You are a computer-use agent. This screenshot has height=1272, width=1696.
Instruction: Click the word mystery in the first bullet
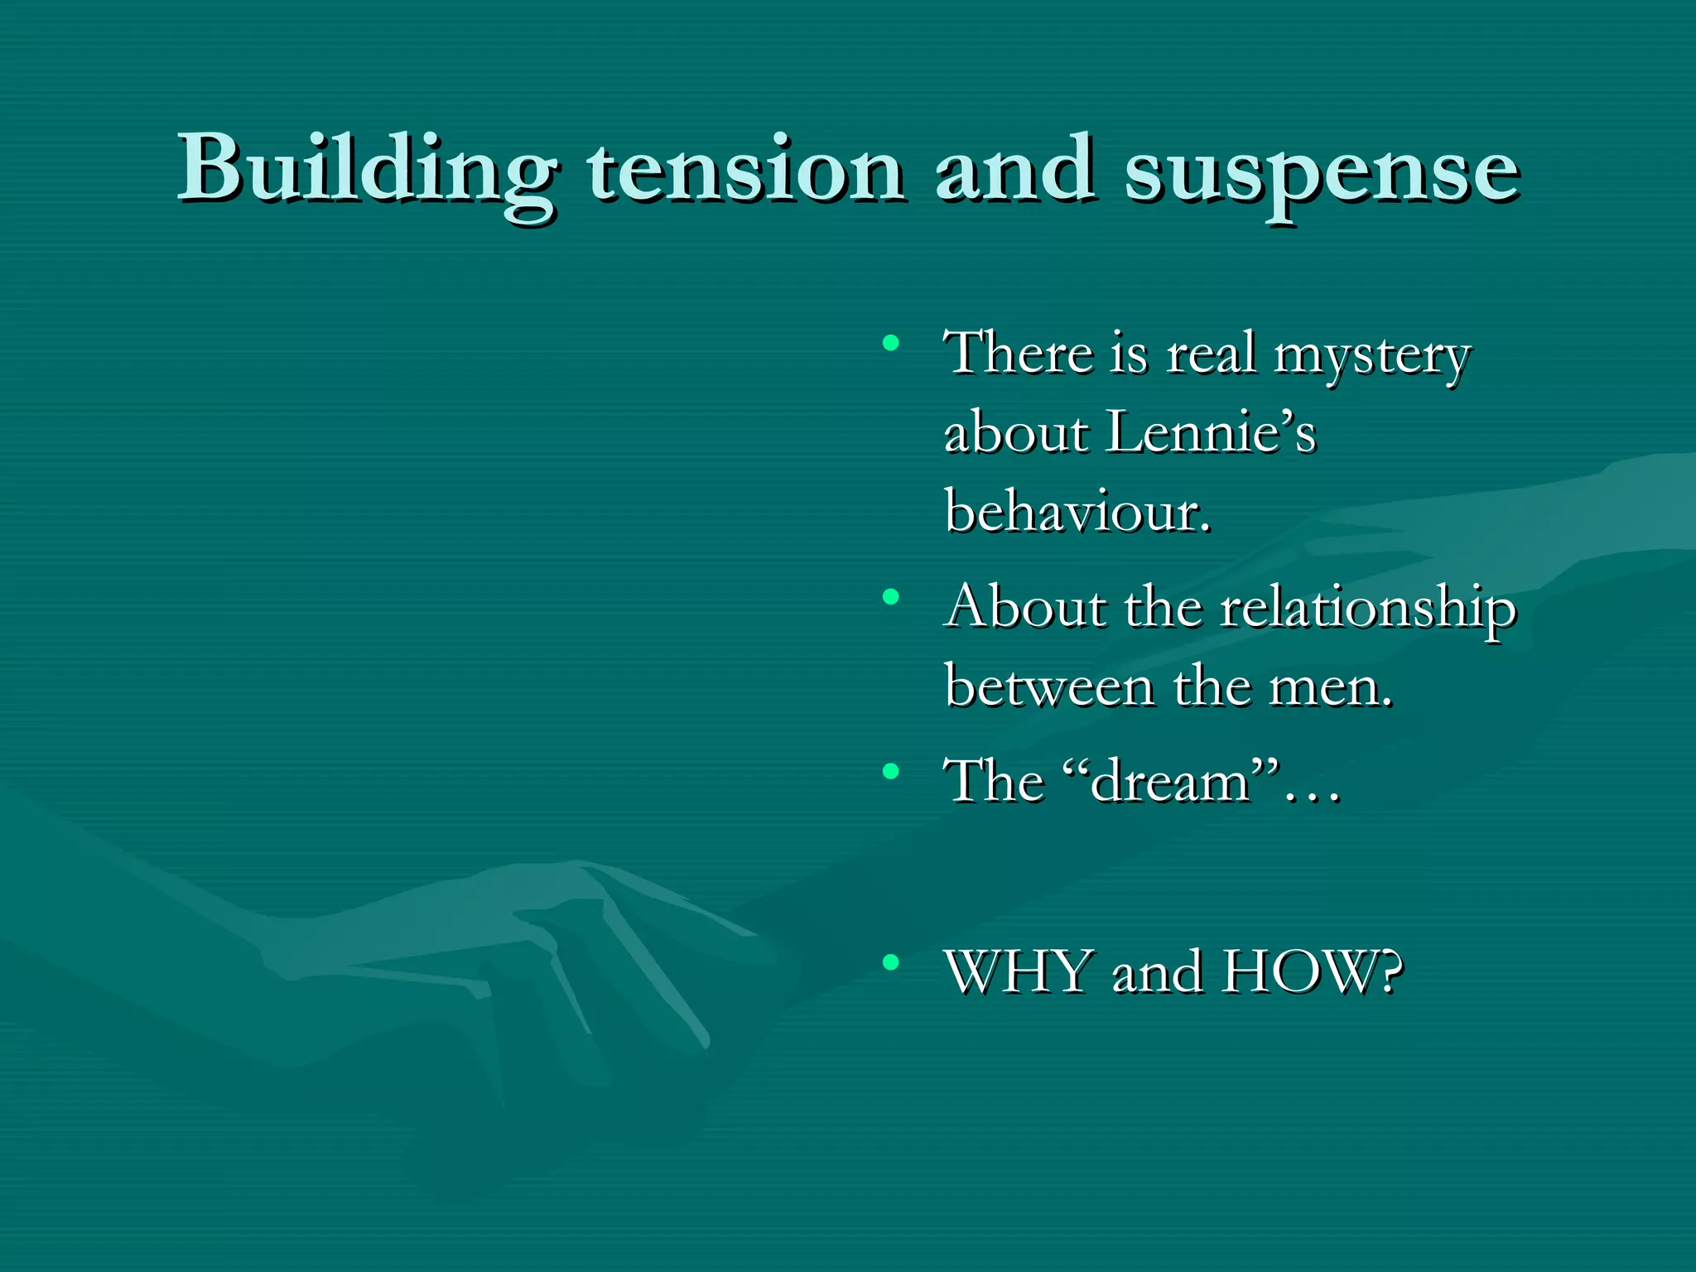tap(1371, 355)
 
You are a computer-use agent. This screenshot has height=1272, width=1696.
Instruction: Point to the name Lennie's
tap(1211, 432)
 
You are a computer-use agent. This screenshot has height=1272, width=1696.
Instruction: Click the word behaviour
tap(1077, 511)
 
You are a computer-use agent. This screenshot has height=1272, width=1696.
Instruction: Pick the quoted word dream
tap(1169, 782)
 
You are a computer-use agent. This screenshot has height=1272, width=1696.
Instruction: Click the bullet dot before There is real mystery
tap(891, 342)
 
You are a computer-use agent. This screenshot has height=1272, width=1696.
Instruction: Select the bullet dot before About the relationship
tap(891, 595)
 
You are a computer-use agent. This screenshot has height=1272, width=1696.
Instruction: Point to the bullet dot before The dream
tap(891, 772)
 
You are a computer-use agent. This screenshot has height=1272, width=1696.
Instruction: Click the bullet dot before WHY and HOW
tap(891, 961)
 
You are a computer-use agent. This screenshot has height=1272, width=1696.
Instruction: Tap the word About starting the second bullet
tap(1026, 607)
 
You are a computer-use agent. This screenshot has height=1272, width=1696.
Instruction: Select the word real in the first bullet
tap(1210, 354)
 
